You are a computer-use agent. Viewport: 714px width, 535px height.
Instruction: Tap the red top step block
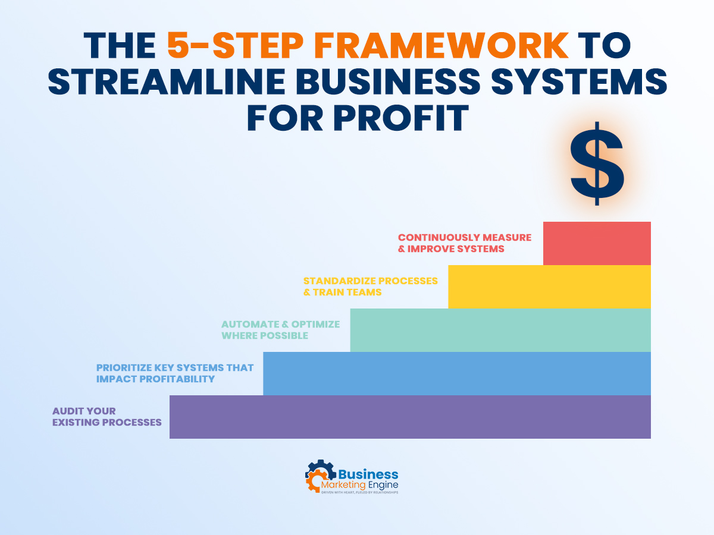click(x=597, y=243)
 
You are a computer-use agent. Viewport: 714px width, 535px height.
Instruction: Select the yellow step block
click(x=549, y=287)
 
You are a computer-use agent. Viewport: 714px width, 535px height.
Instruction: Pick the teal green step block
click(x=500, y=330)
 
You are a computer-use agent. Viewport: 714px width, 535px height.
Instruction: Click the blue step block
click(x=456, y=373)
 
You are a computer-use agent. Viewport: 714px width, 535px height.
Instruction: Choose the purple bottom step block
click(x=410, y=417)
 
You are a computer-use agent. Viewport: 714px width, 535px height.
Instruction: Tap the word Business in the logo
click(x=368, y=474)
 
